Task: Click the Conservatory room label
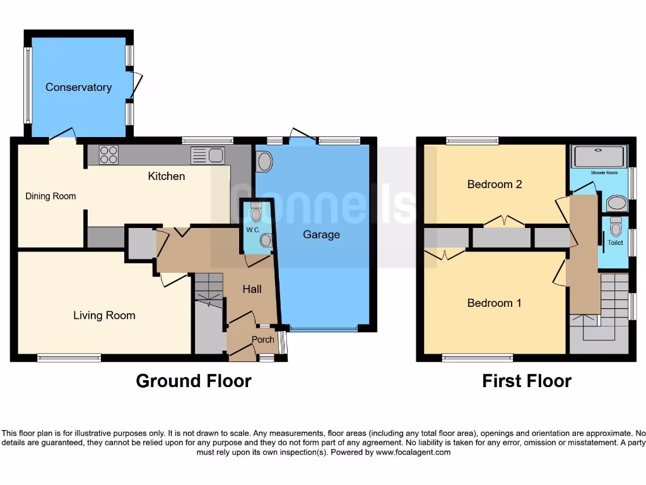78,87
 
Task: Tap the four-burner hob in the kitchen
109,155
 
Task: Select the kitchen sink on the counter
207,155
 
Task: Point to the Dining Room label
50,196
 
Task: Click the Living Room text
104,315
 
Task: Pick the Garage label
321,235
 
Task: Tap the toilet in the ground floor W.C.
255,212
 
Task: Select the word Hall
252,289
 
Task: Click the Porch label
263,340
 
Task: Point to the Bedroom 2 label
495,184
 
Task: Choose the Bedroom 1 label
495,303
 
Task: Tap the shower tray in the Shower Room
599,157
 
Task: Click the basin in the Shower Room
616,203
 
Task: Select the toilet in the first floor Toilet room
616,225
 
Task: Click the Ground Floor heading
194,381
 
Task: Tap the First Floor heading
527,381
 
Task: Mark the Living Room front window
69,358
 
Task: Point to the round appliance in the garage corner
264,162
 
